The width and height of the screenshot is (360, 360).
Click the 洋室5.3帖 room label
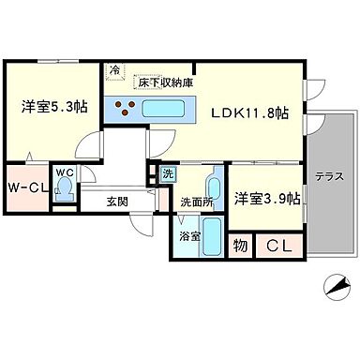click(53, 107)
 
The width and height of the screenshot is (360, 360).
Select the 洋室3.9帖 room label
click(267, 198)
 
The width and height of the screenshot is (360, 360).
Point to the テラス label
click(327, 175)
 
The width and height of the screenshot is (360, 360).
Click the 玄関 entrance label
click(117, 200)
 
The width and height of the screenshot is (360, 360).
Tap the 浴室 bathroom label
click(188, 235)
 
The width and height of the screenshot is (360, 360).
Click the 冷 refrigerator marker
click(114, 70)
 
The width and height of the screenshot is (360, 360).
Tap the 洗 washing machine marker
click(168, 173)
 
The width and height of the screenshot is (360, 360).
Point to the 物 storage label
click(240, 246)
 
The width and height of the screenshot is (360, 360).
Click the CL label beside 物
click(277, 246)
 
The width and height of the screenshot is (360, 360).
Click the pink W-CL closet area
click(26, 186)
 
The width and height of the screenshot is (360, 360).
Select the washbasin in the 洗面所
click(213, 183)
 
